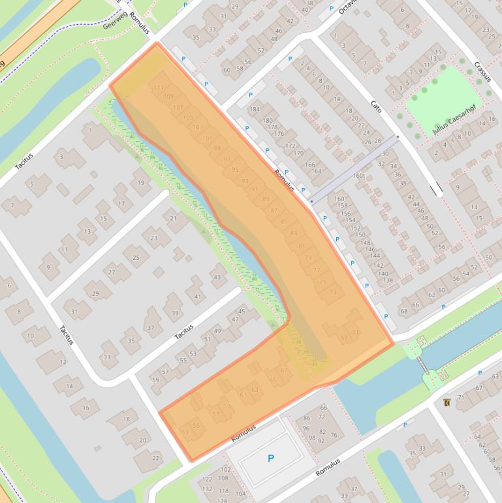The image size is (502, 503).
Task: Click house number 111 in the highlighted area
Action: (x=157, y=88)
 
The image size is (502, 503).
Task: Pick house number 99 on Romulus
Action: (x=217, y=149)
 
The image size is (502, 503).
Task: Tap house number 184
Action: (x=254, y=109)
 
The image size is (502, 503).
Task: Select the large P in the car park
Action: (x=271, y=459)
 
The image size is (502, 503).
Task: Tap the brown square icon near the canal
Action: (x=447, y=402)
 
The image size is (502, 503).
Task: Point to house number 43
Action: (x=216, y=276)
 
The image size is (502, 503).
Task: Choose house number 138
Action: (x=388, y=281)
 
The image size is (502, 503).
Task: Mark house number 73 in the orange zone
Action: (x=333, y=292)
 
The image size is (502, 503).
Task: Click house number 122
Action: (x=207, y=479)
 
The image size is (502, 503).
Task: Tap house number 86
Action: (x=306, y=418)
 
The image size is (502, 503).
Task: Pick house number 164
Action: (x=317, y=172)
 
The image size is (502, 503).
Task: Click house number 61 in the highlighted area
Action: (x=243, y=394)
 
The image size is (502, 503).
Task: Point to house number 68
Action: (x=405, y=311)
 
